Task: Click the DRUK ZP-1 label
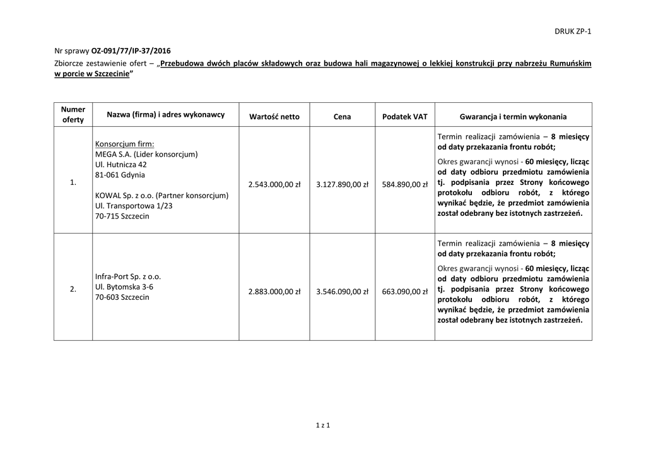pyautogui.click(x=573, y=32)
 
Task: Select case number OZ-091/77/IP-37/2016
pyautogui.click(x=131, y=50)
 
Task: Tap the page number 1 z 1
pyautogui.click(x=323, y=425)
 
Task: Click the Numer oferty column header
pyautogui.click(x=73, y=114)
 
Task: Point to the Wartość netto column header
pyautogui.click(x=274, y=117)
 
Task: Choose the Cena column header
pyautogui.click(x=342, y=117)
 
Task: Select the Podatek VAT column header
pyautogui.click(x=405, y=117)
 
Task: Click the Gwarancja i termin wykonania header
pyautogui.click(x=513, y=117)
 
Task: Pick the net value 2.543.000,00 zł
pyautogui.click(x=274, y=184)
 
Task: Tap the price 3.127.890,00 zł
pyautogui.click(x=342, y=184)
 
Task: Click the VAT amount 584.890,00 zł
pyautogui.click(x=405, y=184)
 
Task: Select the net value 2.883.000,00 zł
pyautogui.click(x=274, y=292)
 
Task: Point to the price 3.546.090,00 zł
pyautogui.click(x=342, y=292)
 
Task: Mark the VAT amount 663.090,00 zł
pyautogui.click(x=405, y=292)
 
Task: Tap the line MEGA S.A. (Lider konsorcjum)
pyautogui.click(x=146, y=154)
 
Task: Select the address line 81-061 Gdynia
pyautogui.click(x=120, y=175)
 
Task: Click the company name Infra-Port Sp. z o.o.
pyautogui.click(x=128, y=276)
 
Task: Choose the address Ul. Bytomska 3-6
pyautogui.click(x=124, y=287)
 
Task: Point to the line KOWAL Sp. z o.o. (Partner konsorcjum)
pyautogui.click(x=161, y=196)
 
